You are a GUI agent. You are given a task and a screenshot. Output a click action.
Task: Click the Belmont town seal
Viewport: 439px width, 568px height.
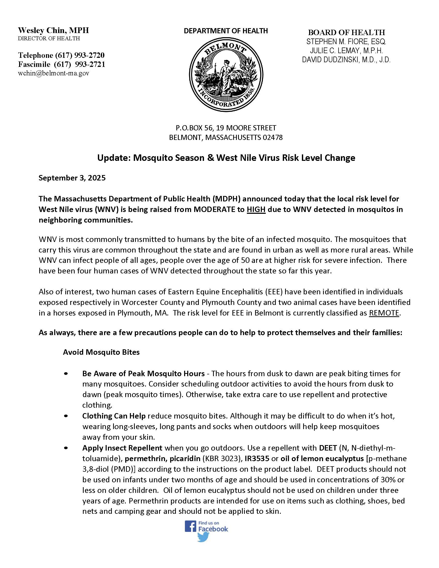[226, 74]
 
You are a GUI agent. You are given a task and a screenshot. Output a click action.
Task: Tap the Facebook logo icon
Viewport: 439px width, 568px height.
[190, 526]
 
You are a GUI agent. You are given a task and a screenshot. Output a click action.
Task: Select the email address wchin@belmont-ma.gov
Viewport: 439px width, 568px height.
[53, 73]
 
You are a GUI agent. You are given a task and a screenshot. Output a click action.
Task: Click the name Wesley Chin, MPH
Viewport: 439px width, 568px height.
[53, 30]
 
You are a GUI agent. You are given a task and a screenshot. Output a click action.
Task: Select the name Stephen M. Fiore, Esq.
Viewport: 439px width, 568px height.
[346, 42]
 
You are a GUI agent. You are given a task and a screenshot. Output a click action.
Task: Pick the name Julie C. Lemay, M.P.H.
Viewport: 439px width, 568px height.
[346, 51]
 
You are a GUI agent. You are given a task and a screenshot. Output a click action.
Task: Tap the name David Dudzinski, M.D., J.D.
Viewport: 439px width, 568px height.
[346, 60]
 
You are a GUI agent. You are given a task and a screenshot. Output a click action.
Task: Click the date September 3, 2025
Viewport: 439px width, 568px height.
[72, 178]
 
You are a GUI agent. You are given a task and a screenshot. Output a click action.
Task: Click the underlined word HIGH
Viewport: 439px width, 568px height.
[256, 209]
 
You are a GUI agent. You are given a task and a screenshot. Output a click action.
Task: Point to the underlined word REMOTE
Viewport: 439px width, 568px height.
[384, 313]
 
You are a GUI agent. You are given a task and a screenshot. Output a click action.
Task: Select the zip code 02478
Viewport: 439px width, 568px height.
[272, 137]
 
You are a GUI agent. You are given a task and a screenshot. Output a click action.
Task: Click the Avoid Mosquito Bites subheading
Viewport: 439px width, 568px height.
[101, 352]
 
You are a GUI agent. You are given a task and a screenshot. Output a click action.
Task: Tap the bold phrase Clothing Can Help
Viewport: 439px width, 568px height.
[114, 416]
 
